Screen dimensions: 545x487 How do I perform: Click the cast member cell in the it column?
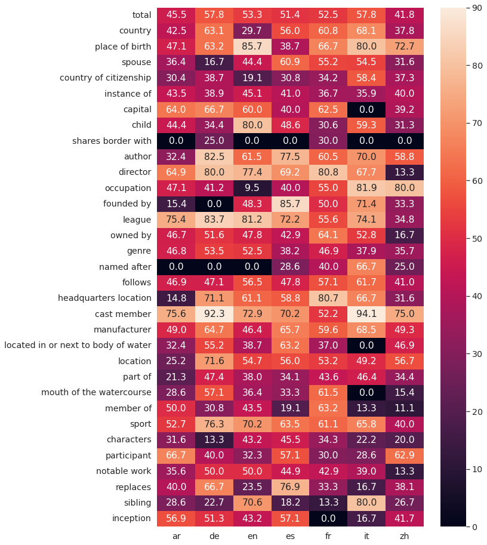coord(366,313)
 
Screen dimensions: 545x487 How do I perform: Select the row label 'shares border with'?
coord(112,140)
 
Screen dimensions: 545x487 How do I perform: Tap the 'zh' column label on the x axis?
coord(404,536)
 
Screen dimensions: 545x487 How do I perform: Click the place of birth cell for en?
coord(252,46)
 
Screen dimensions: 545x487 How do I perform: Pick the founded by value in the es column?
coord(290,203)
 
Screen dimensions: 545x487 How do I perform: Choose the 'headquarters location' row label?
coord(104,298)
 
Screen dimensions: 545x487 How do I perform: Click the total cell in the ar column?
coord(176,14)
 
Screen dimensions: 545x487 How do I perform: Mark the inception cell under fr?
coord(328,518)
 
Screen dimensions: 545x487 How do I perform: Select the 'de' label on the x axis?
coord(214,536)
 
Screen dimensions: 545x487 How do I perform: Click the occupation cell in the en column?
coord(252,187)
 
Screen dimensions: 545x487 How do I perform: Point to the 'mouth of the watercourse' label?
coord(96,392)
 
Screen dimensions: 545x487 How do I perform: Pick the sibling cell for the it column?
coord(366,503)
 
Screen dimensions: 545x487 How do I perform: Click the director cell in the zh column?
coord(404,172)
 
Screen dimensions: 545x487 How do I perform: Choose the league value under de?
coord(214,219)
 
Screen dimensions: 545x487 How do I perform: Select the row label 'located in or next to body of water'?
coord(78,345)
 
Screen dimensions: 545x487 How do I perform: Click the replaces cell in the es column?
coord(290,487)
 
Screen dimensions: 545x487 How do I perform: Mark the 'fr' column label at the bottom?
coord(328,536)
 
